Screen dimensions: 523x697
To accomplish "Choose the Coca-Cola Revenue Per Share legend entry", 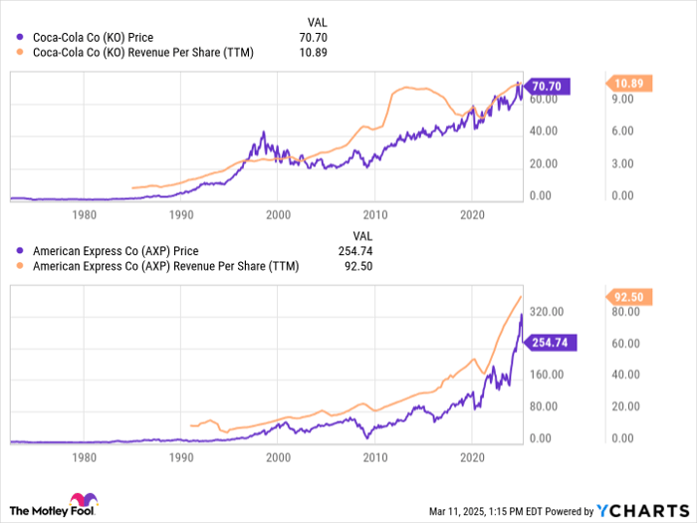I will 143,53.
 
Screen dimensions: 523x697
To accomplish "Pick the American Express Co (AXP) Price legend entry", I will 116,252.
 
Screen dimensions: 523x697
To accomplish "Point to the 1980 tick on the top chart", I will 86,214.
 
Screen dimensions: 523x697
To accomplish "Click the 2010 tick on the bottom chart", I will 374,456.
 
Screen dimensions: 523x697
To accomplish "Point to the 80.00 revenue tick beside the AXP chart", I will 626,312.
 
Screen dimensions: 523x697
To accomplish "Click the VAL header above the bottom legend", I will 315,235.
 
